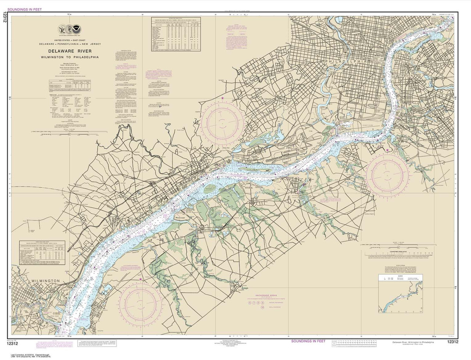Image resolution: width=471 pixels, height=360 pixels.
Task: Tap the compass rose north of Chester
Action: point(223,122)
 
